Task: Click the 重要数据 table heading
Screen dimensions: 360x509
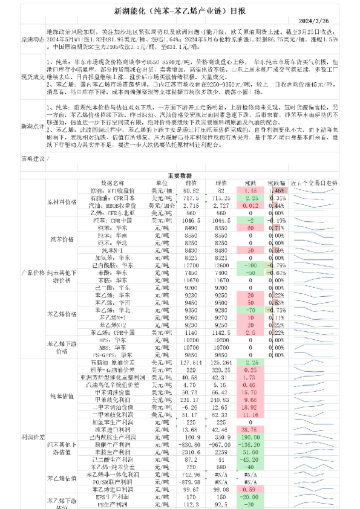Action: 179,173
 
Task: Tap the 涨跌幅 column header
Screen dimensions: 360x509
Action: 278,182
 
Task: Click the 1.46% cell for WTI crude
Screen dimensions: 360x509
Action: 278,190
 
